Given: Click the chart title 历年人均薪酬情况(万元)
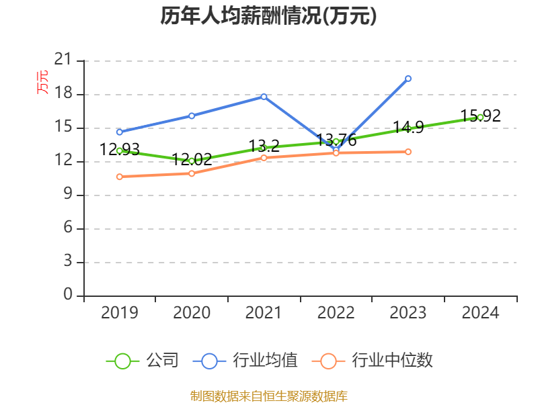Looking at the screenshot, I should click(x=268, y=16).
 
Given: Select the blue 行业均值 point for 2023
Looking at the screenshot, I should click(x=408, y=79).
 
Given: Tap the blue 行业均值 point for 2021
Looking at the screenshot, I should click(x=264, y=97).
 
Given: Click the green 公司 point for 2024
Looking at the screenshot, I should click(x=480, y=117).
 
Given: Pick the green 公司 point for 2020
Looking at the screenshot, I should click(x=192, y=161).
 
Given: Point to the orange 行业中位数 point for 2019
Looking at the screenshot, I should click(x=120, y=177).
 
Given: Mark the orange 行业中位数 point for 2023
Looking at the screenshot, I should click(x=408, y=152).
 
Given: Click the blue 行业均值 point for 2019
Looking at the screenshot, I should click(x=120, y=132).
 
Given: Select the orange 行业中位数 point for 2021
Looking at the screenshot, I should click(x=264, y=157).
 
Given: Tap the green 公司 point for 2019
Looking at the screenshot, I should click(x=120, y=150).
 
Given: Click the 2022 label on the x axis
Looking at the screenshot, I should click(x=336, y=313).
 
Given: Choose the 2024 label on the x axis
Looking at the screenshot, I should click(x=480, y=313).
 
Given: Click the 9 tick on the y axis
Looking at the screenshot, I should click(x=67, y=195).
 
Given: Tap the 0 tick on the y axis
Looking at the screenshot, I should click(x=67, y=296).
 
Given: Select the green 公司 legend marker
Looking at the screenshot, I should click(x=122, y=361).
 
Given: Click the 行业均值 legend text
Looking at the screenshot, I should click(x=265, y=361).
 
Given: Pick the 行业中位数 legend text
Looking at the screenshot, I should click(x=393, y=361).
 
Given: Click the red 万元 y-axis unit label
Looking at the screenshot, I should click(x=42, y=81).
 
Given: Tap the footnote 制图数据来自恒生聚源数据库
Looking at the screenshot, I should click(x=268, y=396).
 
